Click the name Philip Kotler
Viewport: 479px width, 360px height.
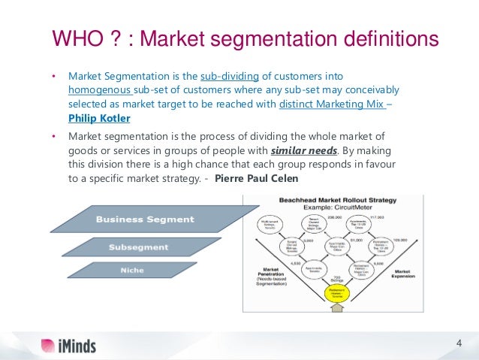pyautogui.click(x=98, y=118)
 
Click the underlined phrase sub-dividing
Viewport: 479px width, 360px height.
pyautogui.click(x=226, y=76)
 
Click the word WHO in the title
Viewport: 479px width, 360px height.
pyautogui.click(x=75, y=37)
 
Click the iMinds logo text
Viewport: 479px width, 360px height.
pyautogui.click(x=77, y=346)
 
